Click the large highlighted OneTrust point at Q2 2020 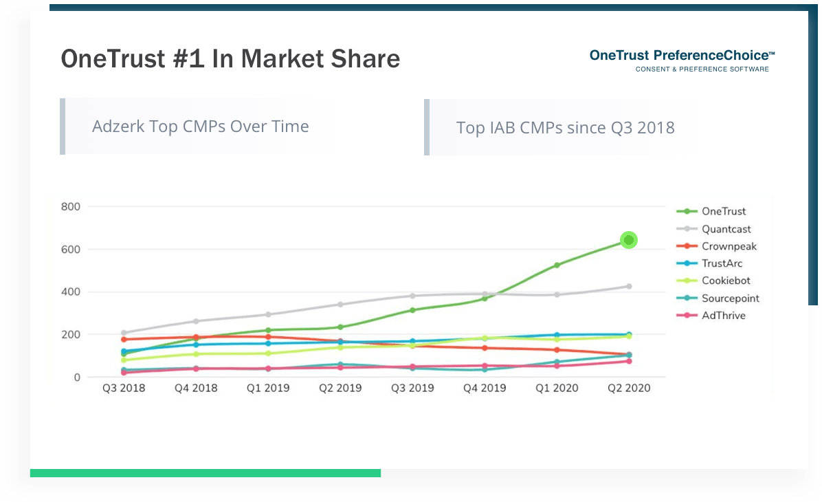629,240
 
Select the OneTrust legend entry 711,211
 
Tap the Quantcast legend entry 713,229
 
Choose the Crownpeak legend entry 717,247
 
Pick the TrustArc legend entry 709,263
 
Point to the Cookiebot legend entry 713,281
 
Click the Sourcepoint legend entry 718,298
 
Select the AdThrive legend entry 711,315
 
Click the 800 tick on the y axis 71,207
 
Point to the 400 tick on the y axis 71,292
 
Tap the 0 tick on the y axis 77,377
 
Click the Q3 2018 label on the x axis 124,388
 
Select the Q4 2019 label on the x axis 485,388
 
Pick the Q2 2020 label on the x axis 629,388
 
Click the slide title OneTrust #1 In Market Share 231,58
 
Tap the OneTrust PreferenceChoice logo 682,61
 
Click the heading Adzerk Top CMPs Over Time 200,127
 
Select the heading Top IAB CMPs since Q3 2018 565,127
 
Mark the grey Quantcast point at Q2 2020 629,286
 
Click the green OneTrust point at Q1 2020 557,265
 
